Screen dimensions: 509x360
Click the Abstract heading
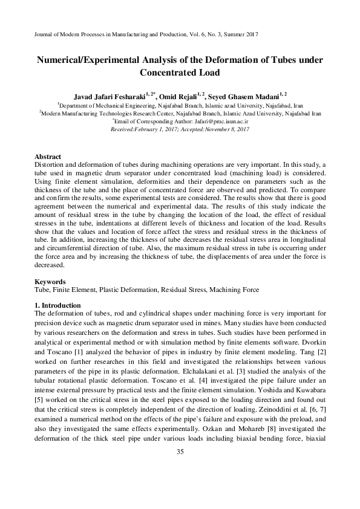pyautogui.click(x=48, y=157)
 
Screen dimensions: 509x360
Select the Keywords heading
pyautogui.click(x=50, y=281)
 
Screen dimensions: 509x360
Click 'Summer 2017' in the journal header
pyautogui.click(x=241, y=36)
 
